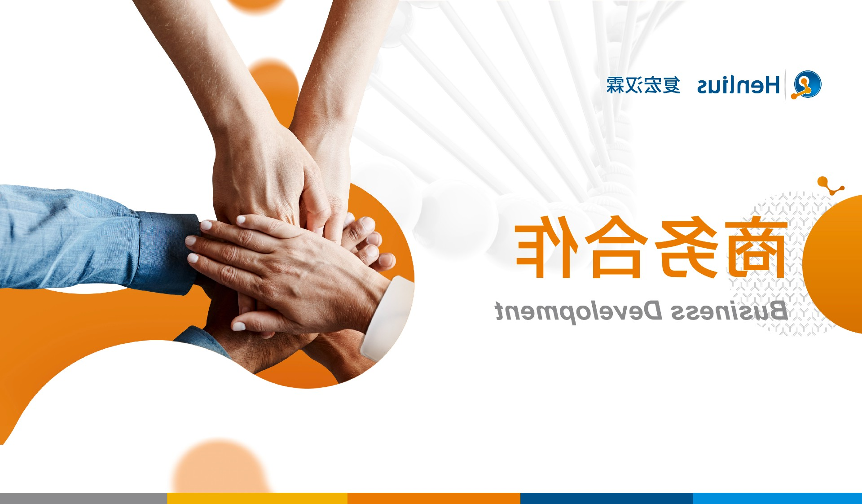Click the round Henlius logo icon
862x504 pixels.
(806, 84)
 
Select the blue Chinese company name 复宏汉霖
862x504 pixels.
(643, 85)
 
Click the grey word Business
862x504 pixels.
(729, 311)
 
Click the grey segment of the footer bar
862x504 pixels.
(84, 498)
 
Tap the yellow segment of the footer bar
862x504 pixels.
(257, 498)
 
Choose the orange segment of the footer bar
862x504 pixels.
(434, 498)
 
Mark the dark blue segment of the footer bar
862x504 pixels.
(607, 498)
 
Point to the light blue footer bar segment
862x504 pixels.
(778, 498)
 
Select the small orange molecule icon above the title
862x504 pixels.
(830, 186)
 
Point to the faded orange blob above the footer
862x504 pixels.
(220, 467)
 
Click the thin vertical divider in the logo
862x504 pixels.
(785, 84)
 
